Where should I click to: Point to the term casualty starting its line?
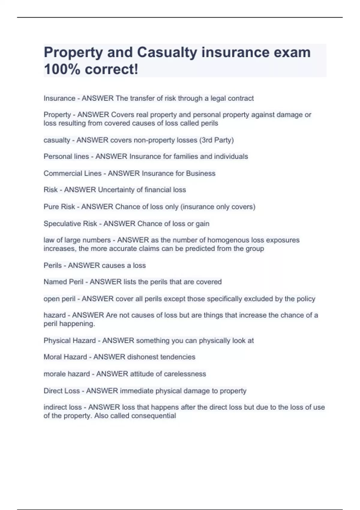click(x=57, y=140)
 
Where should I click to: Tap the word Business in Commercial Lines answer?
click(x=201, y=173)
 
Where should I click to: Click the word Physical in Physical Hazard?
click(x=56, y=341)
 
